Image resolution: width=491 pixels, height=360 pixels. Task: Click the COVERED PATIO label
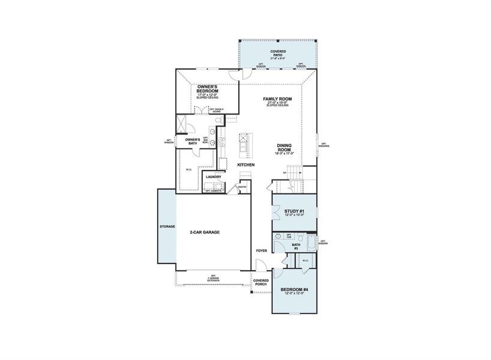point(278,53)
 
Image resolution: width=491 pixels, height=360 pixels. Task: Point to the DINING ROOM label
point(285,148)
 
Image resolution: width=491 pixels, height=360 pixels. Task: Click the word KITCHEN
point(246,165)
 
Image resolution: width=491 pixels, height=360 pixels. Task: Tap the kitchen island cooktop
point(244,144)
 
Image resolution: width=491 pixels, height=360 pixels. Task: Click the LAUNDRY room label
point(214,177)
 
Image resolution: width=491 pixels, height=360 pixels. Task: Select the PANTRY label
point(242,187)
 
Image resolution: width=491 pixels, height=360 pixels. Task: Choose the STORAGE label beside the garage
point(167,227)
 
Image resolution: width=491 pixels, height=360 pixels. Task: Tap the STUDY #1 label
point(294,211)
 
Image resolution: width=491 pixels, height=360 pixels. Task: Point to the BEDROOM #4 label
point(294,290)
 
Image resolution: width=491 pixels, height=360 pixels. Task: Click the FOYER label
point(261,250)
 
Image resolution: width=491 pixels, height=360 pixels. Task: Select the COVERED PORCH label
point(261,282)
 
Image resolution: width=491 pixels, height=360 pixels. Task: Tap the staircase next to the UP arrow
point(294,174)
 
